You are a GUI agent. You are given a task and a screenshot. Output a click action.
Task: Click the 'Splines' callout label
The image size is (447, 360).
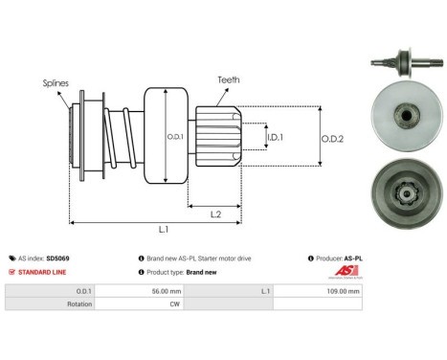(56, 83)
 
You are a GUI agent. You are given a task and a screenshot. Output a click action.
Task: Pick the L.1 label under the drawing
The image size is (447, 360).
(164, 231)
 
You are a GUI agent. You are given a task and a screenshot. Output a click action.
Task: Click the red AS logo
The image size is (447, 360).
(353, 271)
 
